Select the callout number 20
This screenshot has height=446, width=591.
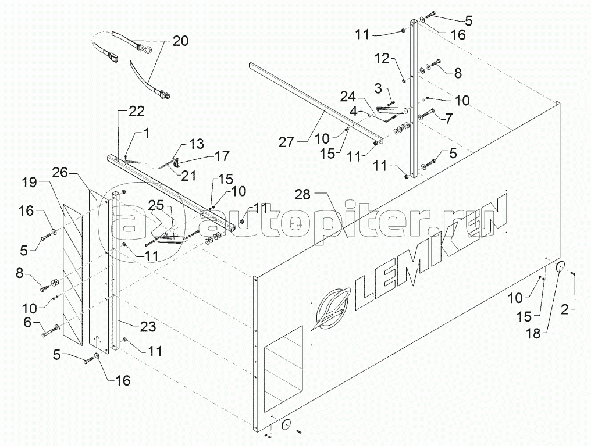(x=181, y=41)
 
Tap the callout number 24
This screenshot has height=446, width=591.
(x=350, y=95)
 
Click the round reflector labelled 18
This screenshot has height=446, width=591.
(x=561, y=267)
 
